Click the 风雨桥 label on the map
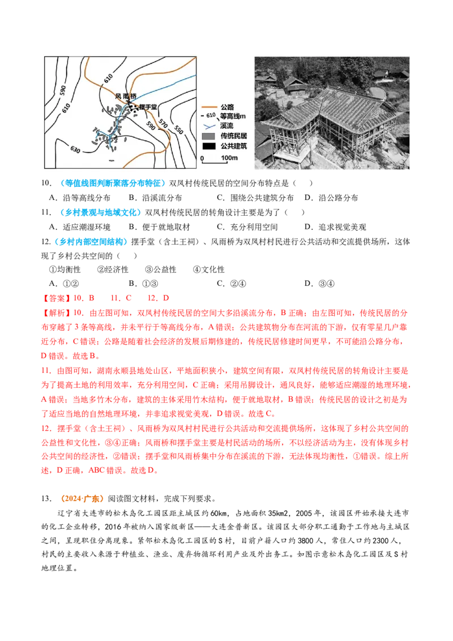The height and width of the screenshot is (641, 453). tap(126, 96)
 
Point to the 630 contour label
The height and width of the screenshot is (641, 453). tap(76, 149)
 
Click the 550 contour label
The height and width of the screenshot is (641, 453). tap(178, 129)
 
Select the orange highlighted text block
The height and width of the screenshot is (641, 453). tap(82, 499)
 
